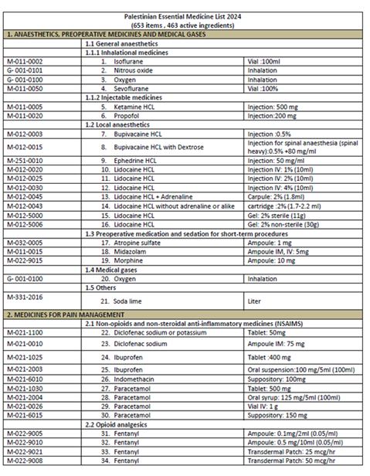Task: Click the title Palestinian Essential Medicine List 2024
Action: (x=185, y=15)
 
